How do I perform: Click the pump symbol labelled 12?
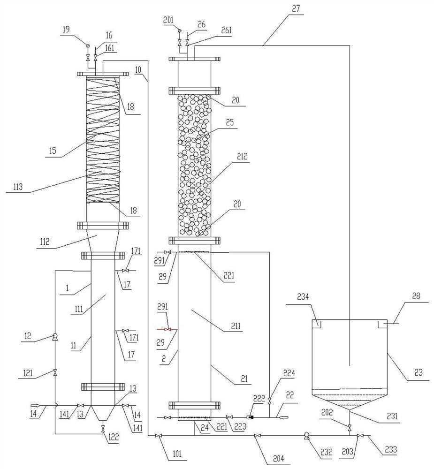coord(55,336)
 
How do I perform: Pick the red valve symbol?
coord(167,330)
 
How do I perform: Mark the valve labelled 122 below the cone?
coord(103,427)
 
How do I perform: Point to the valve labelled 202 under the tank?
coord(350,427)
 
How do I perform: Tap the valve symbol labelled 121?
coord(55,373)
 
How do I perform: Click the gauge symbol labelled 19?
coord(88,45)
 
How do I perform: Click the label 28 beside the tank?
coord(415,297)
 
